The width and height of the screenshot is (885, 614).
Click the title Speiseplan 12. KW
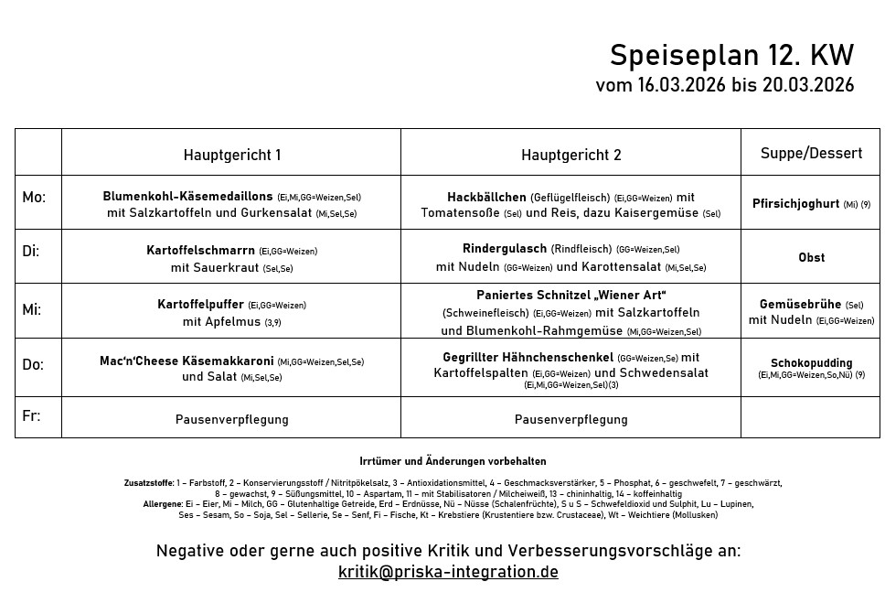[x=731, y=56]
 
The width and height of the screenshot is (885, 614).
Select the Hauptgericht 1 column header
[x=231, y=155]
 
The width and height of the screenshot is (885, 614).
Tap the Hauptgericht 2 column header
[x=570, y=155]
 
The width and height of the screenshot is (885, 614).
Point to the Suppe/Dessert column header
[x=811, y=154]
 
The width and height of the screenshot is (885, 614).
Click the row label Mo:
[x=34, y=197]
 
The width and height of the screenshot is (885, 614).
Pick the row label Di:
[x=31, y=251]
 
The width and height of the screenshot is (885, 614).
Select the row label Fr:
[x=31, y=415]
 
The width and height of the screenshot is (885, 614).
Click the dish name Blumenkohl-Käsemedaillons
[x=187, y=197]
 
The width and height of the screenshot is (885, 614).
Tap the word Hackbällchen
[x=486, y=197]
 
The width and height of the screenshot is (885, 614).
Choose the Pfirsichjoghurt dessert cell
[x=795, y=204]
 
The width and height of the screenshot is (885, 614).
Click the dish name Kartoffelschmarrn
[x=200, y=250]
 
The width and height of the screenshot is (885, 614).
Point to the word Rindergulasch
[x=505, y=249]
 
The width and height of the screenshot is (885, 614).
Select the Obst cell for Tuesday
[x=811, y=258]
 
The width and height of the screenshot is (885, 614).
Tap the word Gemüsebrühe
[x=800, y=305]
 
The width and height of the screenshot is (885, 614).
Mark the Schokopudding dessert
[x=811, y=363]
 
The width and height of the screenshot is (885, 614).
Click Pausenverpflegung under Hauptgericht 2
[x=570, y=420]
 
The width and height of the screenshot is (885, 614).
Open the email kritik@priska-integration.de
[x=448, y=572]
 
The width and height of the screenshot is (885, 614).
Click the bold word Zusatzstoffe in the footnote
[x=148, y=482]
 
